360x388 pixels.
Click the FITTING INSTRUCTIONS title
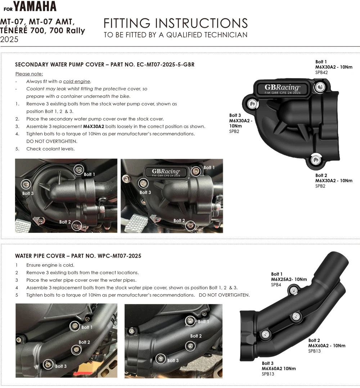tap(176, 23)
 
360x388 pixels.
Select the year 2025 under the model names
tap(9, 40)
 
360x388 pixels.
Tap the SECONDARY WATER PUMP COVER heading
tap(104, 65)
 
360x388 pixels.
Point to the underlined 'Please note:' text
tap(29, 74)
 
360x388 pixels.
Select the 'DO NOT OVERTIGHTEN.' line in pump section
tap(52, 141)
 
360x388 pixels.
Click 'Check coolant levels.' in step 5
tap(50, 149)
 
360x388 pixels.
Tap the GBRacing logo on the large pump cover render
tap(282, 87)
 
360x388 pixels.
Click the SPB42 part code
tap(322, 72)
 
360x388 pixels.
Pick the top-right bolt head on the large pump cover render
tap(319, 86)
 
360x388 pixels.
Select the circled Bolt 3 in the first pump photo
tap(26, 184)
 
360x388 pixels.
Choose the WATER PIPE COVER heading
tap(78, 256)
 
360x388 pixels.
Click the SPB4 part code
tap(276, 285)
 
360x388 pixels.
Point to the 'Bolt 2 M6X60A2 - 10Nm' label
tap(326, 343)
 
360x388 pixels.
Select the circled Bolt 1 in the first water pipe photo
tap(75, 326)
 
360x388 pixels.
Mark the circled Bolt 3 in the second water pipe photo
tap(161, 358)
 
